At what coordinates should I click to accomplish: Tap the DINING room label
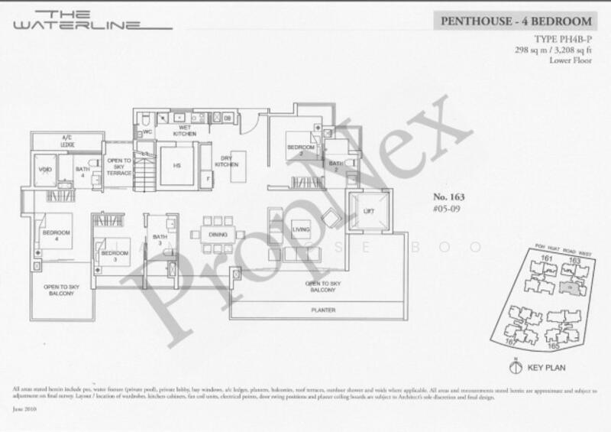tap(218, 235)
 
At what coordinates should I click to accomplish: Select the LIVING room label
tap(300, 228)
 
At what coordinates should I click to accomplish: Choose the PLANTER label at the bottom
tap(323, 311)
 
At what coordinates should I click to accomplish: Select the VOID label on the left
tap(42, 170)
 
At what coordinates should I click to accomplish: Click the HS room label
tap(176, 166)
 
